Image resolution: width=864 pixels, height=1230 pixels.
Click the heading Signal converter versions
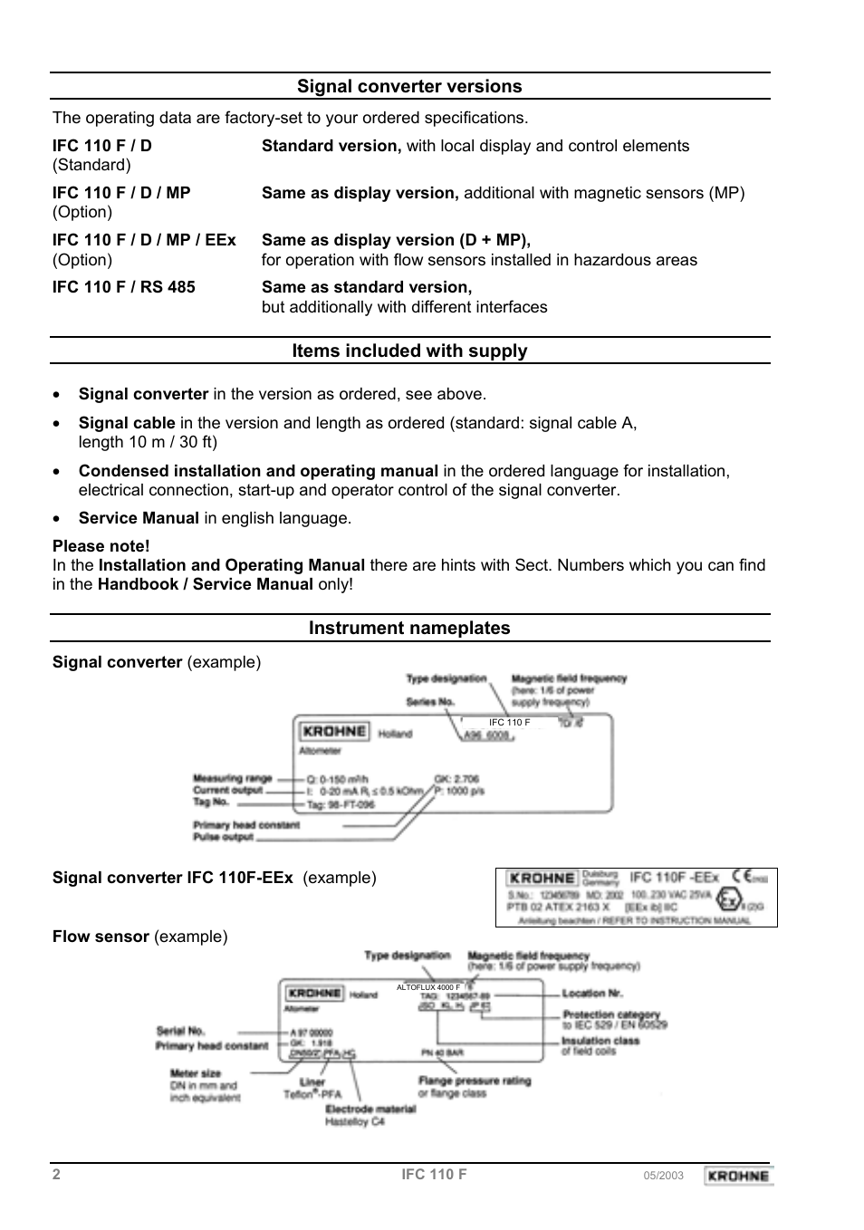(409, 86)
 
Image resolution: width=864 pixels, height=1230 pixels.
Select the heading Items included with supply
(409, 351)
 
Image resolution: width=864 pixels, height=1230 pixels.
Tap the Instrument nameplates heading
(409, 628)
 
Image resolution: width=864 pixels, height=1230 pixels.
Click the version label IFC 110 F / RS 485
(123, 287)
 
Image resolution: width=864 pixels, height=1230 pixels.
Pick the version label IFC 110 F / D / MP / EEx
(144, 240)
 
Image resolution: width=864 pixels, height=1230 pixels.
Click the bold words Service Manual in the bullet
(139, 518)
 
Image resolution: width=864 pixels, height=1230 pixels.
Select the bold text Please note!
(101, 546)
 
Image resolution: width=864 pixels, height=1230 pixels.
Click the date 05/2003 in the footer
(663, 1176)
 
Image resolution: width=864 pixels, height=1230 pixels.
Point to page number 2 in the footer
(56, 1175)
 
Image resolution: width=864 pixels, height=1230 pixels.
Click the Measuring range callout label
(232, 778)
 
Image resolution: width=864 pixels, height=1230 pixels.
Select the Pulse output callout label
(223, 837)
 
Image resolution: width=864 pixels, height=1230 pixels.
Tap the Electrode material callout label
(370, 1109)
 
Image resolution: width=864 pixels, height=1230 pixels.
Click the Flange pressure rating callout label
(475, 1081)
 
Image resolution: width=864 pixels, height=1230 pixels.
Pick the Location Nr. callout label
(592, 994)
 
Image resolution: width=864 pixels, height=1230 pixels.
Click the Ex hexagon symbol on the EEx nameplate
(727, 899)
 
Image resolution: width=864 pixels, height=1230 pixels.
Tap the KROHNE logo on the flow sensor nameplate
(313, 994)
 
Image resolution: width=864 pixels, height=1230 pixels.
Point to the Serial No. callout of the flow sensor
(181, 1031)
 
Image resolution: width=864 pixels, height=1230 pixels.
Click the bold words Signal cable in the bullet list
(127, 423)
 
